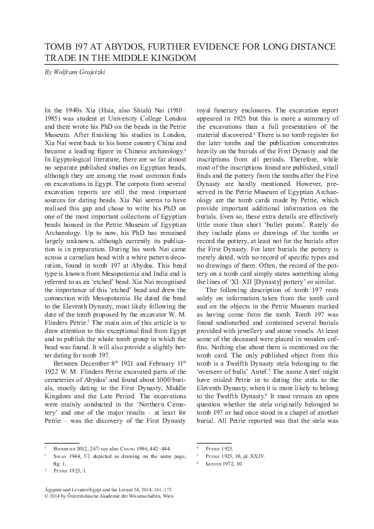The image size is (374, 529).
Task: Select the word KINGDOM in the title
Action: (x=174, y=58)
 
